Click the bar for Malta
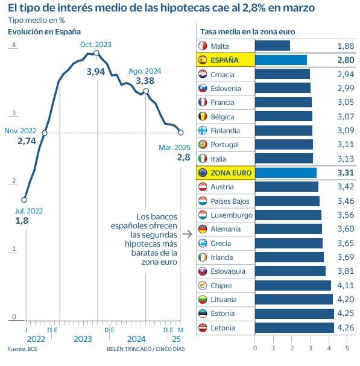point(273,45)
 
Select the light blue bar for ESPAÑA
point(281,60)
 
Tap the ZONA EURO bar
point(286,172)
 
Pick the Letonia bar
point(294,328)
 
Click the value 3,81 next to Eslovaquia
point(346,271)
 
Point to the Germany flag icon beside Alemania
point(203,229)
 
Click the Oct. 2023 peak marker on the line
point(96,54)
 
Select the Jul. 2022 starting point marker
point(24,200)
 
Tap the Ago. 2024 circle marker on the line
point(146,91)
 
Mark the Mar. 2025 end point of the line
point(180,133)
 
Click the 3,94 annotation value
point(96,72)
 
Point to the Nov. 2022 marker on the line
point(45,133)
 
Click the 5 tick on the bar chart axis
point(347,348)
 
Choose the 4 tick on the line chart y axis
point(14,45)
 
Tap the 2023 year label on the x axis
point(83,339)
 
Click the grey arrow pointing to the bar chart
point(188,234)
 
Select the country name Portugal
point(224,145)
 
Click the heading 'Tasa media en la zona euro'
point(248,32)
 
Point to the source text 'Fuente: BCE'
point(22,349)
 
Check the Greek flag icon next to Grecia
point(203,243)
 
